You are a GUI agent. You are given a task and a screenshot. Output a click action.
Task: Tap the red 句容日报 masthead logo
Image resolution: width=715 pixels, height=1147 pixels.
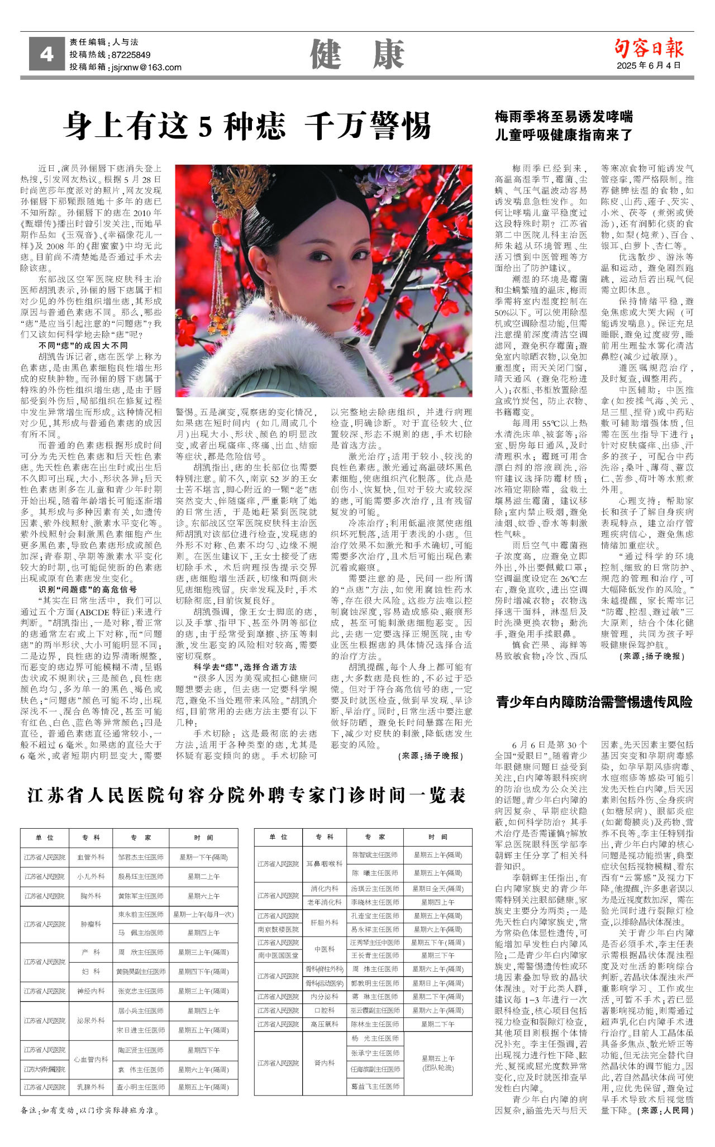tap(649, 48)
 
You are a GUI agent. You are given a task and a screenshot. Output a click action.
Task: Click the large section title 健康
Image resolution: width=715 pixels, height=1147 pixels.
tap(357, 55)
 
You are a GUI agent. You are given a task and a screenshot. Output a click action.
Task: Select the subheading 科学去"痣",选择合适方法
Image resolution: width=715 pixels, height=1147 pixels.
tap(245, 667)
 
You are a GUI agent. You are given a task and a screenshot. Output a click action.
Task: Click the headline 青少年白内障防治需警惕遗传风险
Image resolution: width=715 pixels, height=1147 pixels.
tap(594, 702)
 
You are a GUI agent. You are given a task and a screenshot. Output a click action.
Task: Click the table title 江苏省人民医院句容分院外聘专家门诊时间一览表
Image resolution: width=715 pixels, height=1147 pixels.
tap(246, 795)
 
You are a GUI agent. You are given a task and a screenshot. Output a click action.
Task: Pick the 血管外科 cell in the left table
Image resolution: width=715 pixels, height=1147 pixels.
tap(90, 857)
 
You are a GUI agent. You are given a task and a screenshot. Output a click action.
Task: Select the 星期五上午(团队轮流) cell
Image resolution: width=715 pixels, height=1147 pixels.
tap(438, 1063)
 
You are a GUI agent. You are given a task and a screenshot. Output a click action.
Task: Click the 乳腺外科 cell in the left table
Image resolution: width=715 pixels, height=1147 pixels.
tap(90, 1087)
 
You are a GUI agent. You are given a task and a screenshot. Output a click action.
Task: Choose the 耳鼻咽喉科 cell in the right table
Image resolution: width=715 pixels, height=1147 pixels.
tap(325, 864)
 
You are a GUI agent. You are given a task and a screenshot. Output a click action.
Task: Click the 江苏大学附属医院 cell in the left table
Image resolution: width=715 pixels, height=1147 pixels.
tap(44, 1069)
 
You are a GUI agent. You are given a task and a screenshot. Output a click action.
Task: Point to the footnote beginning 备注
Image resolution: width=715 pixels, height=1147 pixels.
tap(89, 1110)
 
